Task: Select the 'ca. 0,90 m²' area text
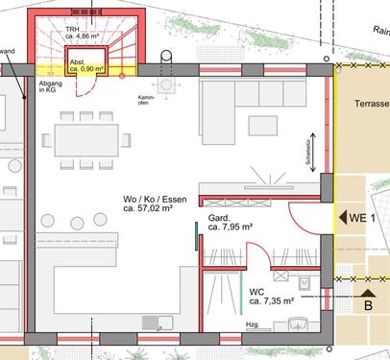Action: pyautogui.click(x=85, y=69)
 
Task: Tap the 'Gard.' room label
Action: pyautogui.click(x=219, y=218)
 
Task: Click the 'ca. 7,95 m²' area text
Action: pyautogui.click(x=230, y=228)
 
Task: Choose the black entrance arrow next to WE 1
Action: pyautogui.click(x=342, y=216)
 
